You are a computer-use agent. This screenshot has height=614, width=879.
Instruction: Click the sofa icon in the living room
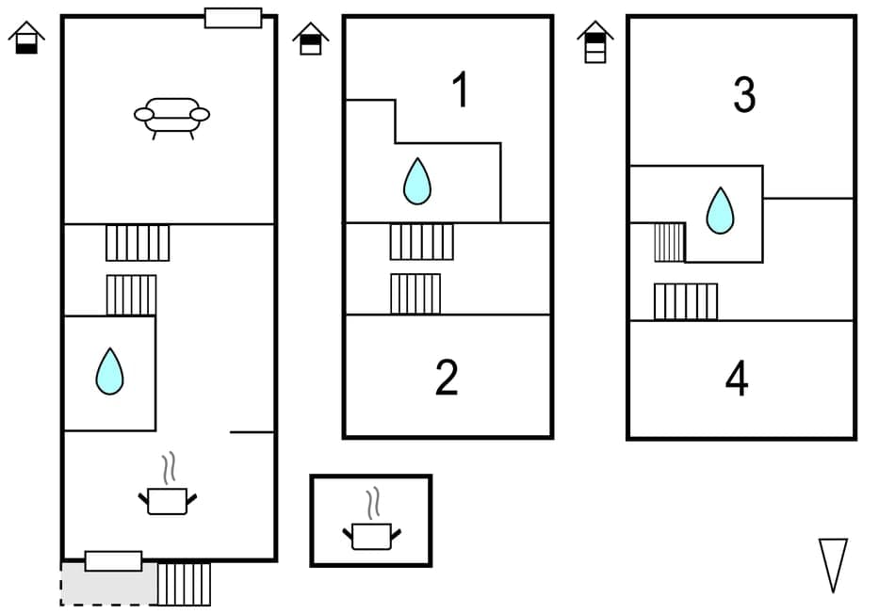click(x=171, y=118)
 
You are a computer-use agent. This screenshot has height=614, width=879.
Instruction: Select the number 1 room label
click(x=460, y=91)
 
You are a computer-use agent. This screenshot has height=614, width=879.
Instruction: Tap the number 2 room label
click(x=447, y=377)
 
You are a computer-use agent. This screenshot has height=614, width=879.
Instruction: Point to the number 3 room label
click(x=744, y=95)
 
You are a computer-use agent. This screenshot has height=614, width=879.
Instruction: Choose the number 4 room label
click(x=737, y=379)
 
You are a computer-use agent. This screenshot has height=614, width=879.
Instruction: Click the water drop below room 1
click(x=416, y=181)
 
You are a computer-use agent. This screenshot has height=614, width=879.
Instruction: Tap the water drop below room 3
click(x=720, y=210)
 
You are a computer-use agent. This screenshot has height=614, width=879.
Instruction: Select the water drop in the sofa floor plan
click(x=109, y=371)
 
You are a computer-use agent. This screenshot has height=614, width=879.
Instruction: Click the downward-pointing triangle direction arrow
click(x=833, y=564)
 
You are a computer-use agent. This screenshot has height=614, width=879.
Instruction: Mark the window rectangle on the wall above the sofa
click(x=233, y=18)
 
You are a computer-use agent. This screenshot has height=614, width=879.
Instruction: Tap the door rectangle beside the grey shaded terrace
click(x=113, y=561)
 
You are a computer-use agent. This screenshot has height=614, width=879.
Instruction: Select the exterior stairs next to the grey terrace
click(x=184, y=584)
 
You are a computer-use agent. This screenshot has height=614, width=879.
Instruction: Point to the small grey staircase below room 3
click(x=669, y=242)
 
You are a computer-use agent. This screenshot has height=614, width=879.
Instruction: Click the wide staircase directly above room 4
click(x=685, y=301)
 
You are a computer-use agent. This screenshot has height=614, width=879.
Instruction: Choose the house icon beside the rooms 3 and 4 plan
click(x=594, y=41)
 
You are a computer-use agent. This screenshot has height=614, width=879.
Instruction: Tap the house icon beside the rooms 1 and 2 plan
click(x=310, y=39)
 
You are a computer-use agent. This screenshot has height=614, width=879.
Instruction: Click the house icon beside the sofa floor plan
click(x=26, y=38)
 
